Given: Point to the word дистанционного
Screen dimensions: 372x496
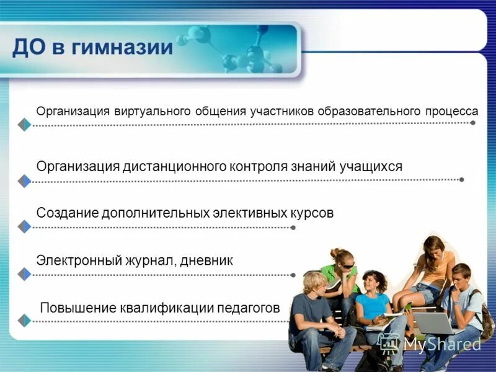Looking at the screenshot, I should coord(175,167).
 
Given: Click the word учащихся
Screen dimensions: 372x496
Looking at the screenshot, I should coord(371,167).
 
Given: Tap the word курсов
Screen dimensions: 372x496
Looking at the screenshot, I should coord(312,213).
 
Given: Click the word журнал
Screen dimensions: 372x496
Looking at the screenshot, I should coord(151,261).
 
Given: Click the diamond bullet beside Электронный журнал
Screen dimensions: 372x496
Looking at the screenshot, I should coord(24,274).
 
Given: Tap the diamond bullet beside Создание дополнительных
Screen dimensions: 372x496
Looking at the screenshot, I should coord(24,227).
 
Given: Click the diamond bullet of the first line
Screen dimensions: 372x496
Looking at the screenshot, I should coord(24,125).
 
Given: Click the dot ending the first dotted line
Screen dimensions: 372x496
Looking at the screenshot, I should coord(473,123).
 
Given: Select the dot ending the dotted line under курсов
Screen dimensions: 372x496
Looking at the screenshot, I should coord(293,228).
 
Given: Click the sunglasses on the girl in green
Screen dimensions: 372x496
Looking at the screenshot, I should coord(348,265).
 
